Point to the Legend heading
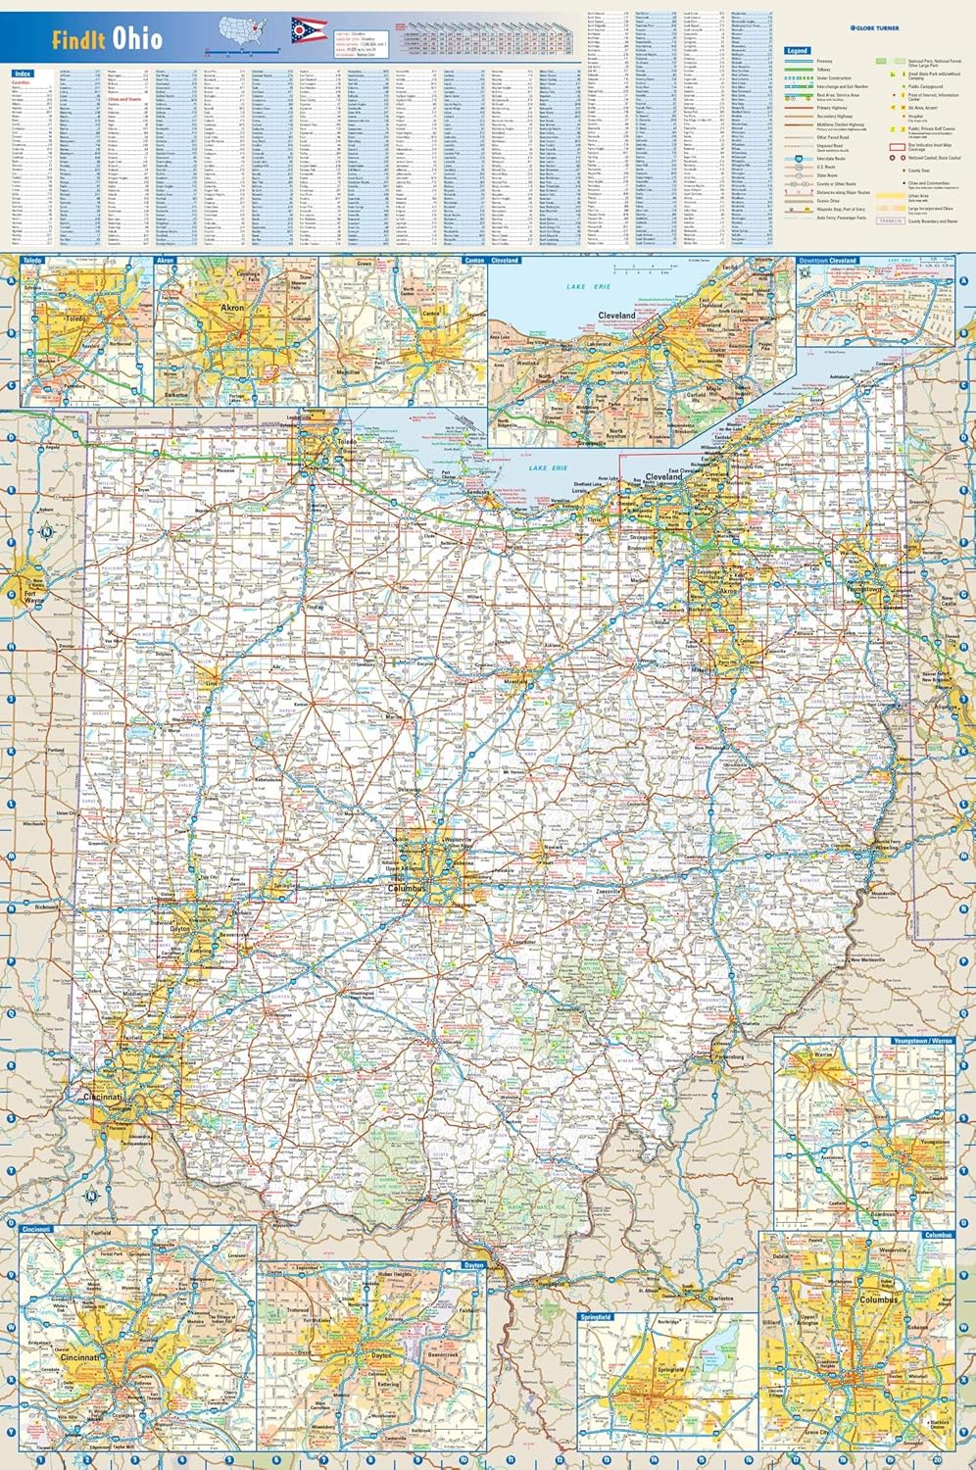point(798,50)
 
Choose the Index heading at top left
point(23,73)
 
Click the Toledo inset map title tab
point(34,261)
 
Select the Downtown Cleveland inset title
point(828,261)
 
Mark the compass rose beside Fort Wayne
point(45,533)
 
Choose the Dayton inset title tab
point(473,1266)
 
